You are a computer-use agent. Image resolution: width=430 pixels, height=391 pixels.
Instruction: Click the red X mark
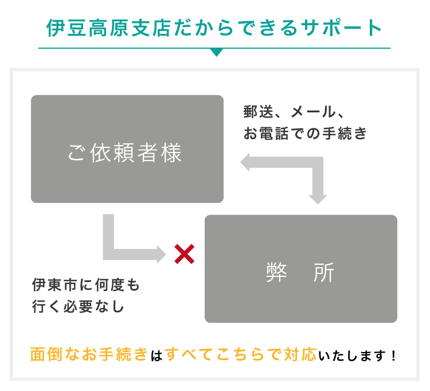(x=184, y=254)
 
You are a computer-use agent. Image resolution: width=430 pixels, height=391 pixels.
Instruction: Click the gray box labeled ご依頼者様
(x=127, y=149)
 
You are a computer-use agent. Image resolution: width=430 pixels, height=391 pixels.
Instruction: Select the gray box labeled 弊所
(x=301, y=269)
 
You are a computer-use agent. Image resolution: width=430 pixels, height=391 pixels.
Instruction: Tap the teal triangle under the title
(x=216, y=52)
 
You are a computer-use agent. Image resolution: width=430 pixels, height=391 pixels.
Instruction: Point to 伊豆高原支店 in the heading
(x=109, y=28)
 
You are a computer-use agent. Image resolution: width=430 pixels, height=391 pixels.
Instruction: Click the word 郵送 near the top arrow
(x=258, y=112)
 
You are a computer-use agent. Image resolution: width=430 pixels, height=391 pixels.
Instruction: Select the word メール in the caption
(x=313, y=112)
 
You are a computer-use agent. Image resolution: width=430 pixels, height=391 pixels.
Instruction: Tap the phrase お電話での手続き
(x=305, y=133)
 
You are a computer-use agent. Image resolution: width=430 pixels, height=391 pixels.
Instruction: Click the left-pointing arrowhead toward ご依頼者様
(x=245, y=162)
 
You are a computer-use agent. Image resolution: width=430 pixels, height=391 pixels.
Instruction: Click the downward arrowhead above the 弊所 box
(x=318, y=200)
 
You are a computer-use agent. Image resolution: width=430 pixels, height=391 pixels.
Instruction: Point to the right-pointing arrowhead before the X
(x=162, y=254)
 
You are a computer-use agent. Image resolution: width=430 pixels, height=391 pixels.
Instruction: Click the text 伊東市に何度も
(x=86, y=284)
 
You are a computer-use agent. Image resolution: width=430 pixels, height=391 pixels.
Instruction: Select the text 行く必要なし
(x=78, y=306)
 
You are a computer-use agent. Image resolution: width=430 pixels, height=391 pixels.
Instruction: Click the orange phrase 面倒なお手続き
(x=89, y=354)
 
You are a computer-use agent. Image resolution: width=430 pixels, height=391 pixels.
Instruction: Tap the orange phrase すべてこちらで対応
(x=240, y=354)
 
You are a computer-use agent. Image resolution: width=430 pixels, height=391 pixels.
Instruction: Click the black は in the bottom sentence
(x=157, y=355)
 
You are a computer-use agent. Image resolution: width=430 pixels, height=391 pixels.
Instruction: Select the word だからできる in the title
(x=236, y=28)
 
